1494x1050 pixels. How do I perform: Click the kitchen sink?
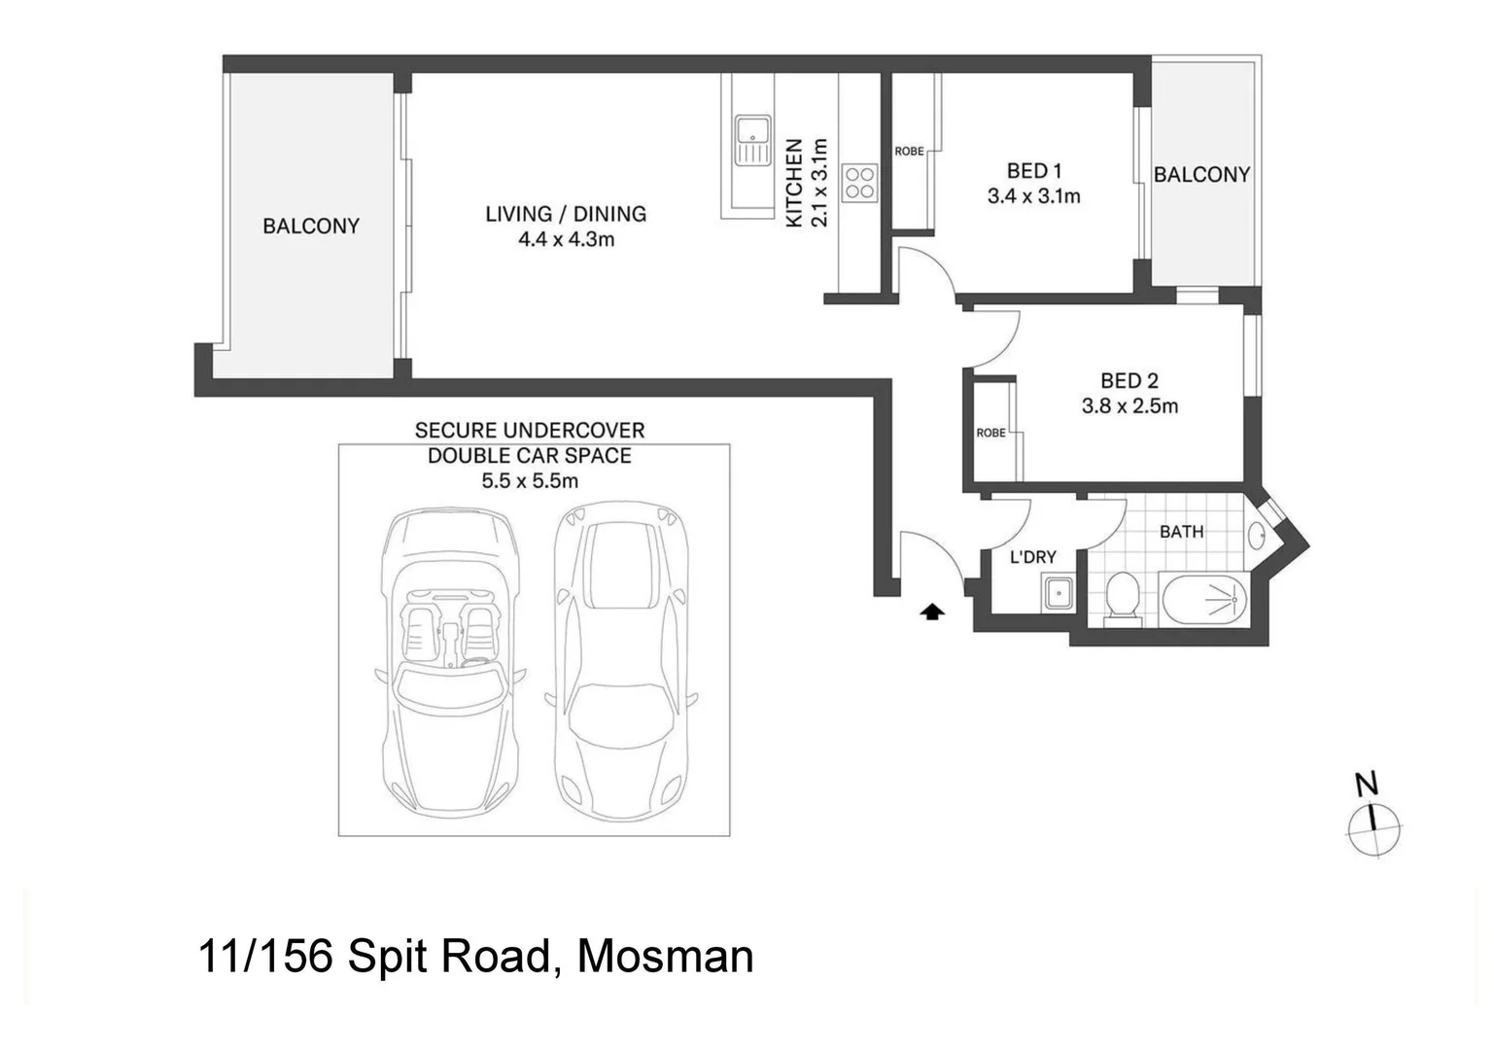tap(752, 140)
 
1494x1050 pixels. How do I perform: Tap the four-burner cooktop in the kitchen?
tap(859, 183)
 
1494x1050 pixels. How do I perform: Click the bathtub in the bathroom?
tap(1204, 600)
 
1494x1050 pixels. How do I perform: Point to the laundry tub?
tap(1058, 592)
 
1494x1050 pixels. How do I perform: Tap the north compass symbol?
tap(1374, 829)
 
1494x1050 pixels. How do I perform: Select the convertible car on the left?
tap(448, 661)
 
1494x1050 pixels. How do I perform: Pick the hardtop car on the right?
tap(621, 661)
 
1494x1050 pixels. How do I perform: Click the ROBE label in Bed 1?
tap(909, 152)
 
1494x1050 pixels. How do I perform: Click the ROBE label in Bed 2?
tap(990, 433)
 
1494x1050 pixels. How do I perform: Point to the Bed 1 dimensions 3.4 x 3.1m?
tap(1033, 196)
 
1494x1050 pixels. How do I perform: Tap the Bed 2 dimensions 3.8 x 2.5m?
tap(1129, 406)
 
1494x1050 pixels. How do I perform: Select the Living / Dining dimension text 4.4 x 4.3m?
tap(566, 239)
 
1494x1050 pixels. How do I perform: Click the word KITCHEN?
tap(794, 184)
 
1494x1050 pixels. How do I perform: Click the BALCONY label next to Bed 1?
tap(1201, 175)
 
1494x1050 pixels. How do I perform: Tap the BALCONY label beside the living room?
tap(311, 226)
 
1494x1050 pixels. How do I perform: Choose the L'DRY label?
tap(1032, 557)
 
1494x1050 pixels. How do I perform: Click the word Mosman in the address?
tap(665, 956)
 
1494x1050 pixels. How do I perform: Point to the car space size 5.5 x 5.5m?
tap(530, 480)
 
